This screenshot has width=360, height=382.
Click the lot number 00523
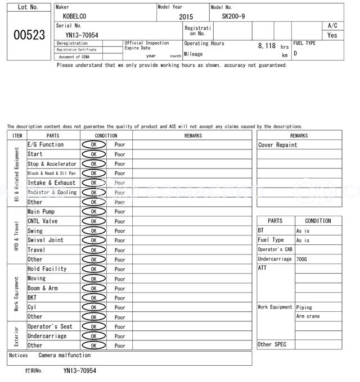29,35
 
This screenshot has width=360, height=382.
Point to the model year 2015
186,17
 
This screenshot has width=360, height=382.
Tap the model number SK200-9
233,16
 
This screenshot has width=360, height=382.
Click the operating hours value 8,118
267,46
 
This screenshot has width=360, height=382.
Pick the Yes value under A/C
332,35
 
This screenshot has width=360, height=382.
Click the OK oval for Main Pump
93,212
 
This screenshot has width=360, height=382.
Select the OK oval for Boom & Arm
93,288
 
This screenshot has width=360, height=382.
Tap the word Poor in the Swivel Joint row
120,240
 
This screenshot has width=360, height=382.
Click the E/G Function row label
46,144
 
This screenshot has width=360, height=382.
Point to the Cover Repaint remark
278,145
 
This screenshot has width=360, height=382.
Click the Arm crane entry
308,317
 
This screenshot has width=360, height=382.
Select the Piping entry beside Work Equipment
304,307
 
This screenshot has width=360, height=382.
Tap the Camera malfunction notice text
64,355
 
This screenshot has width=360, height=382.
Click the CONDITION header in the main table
106,135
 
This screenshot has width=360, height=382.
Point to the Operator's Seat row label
50,326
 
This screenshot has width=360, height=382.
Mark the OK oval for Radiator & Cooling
93,193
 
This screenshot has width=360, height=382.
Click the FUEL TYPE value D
295,53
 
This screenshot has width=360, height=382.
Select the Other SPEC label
272,344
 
